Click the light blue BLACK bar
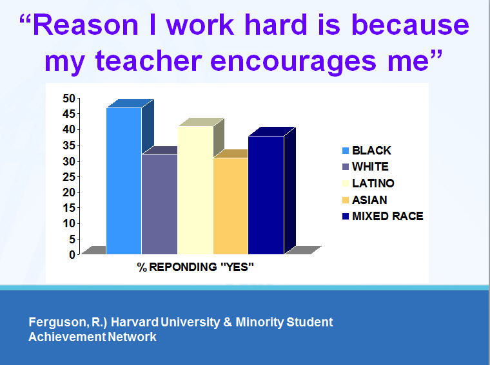point(124,181)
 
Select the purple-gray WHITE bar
point(160,204)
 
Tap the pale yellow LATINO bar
point(195,190)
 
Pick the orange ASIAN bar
point(231,206)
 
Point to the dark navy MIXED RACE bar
point(266,195)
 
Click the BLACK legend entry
point(367,151)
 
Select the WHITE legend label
point(370,167)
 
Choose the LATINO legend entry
point(368,183)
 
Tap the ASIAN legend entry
point(365,200)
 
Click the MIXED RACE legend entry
point(383,216)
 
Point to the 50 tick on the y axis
point(69,98)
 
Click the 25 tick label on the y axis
point(69,177)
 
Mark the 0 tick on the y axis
point(72,255)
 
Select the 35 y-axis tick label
point(69,145)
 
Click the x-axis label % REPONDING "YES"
point(195,267)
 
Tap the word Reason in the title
point(86,25)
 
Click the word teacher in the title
point(149,61)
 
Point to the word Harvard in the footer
point(135,322)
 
